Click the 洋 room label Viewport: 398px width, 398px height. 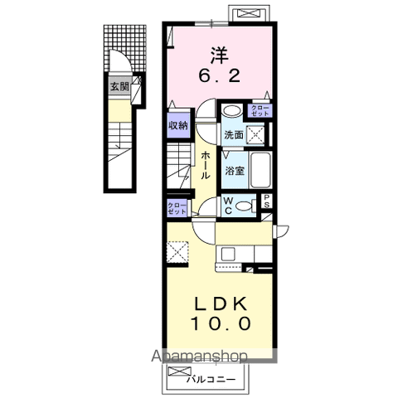point(219,57)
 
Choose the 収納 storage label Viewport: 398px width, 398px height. point(178,125)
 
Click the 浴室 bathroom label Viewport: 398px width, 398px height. point(233,171)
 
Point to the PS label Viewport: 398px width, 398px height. point(268,201)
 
